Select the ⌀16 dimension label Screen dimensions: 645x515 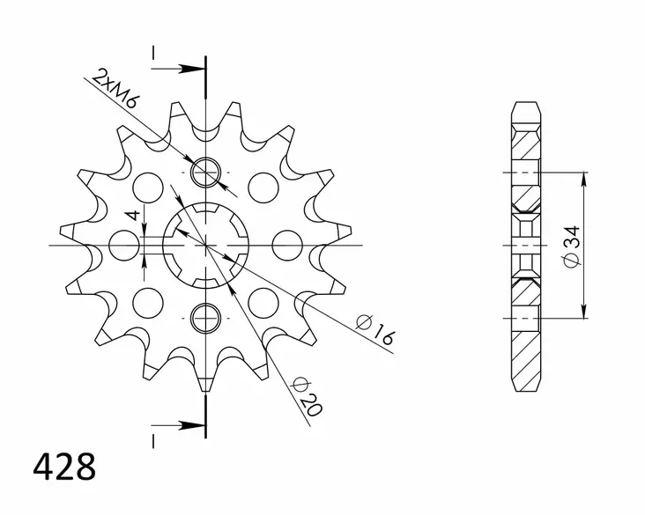pos(374,329)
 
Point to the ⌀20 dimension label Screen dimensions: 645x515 pos(306,396)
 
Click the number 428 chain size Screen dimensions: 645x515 pos(64,467)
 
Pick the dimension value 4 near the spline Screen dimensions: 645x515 pos(133,216)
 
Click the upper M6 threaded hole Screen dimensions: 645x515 pos(205,173)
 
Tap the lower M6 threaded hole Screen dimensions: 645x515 pos(205,318)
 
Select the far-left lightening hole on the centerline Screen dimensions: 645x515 pos(124,246)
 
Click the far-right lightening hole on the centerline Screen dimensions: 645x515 pos(287,246)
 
